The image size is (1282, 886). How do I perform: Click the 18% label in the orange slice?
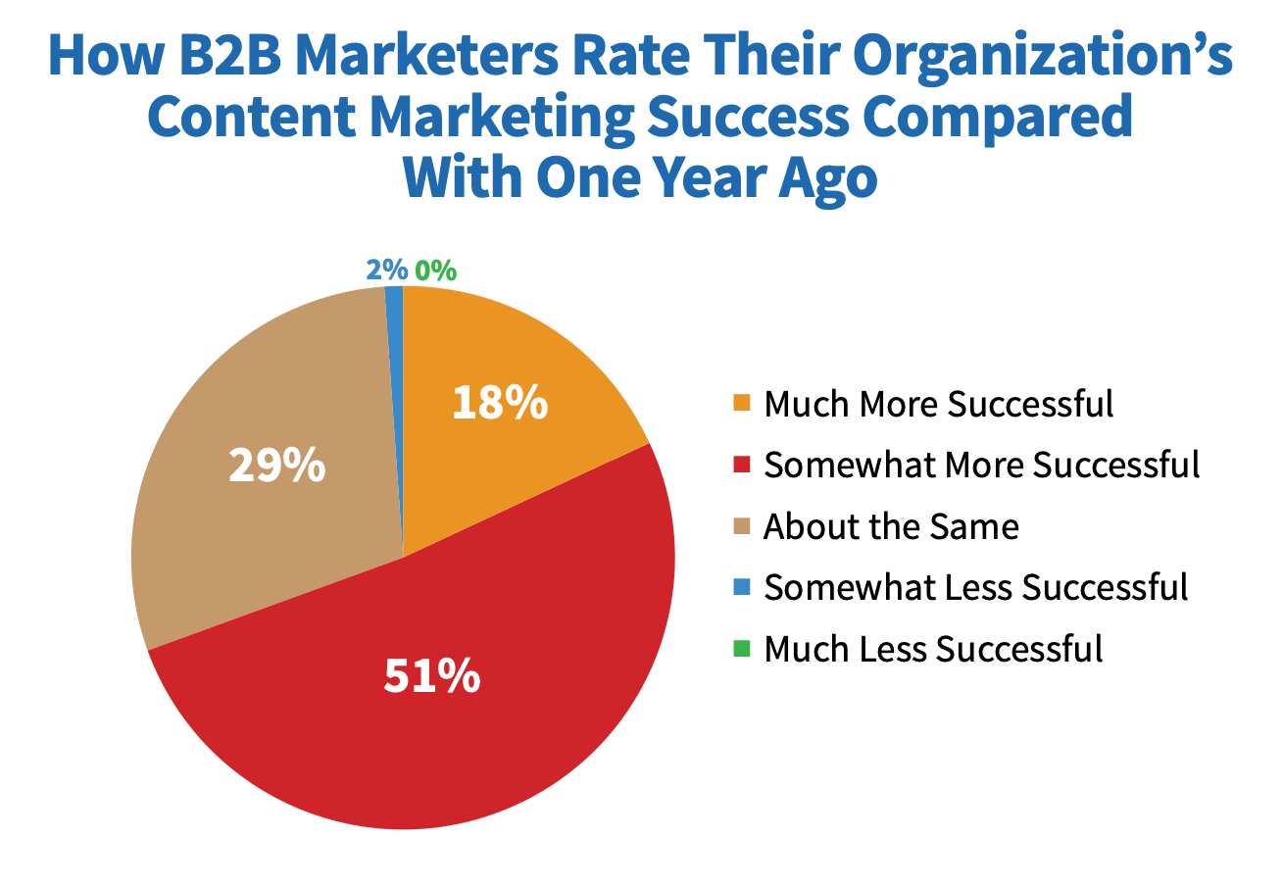point(499,403)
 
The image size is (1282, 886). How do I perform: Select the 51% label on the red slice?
point(431,676)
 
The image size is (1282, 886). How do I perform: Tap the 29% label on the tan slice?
point(276,467)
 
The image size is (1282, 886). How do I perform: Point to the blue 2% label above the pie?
point(386,271)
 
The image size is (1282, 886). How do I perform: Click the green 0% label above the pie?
point(434,271)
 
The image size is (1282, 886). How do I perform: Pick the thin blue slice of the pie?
point(395,333)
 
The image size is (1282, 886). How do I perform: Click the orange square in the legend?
point(742,404)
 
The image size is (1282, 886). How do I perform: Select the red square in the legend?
point(742,465)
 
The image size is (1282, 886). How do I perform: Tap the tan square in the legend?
point(742,526)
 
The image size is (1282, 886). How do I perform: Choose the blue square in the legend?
point(742,587)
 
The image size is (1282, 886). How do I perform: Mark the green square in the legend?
point(742,648)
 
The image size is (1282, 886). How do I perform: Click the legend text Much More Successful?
point(939,404)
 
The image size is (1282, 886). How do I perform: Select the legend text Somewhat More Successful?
point(981,465)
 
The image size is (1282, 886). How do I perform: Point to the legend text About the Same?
point(891,526)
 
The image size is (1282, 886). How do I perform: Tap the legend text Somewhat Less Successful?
point(975,587)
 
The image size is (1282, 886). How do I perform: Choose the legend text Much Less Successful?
point(933,648)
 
